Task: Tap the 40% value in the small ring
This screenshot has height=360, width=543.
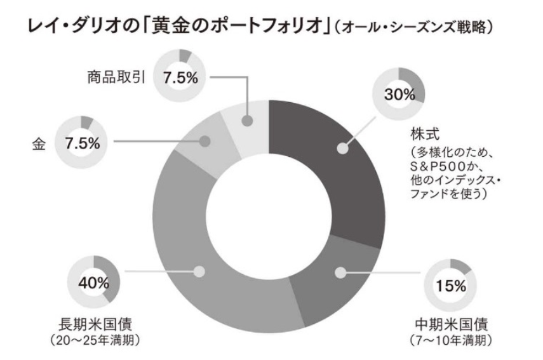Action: (93, 283)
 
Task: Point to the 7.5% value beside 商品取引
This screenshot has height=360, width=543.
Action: (180, 78)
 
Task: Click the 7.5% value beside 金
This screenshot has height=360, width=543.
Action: (83, 143)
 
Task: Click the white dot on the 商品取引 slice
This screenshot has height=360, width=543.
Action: (248, 120)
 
